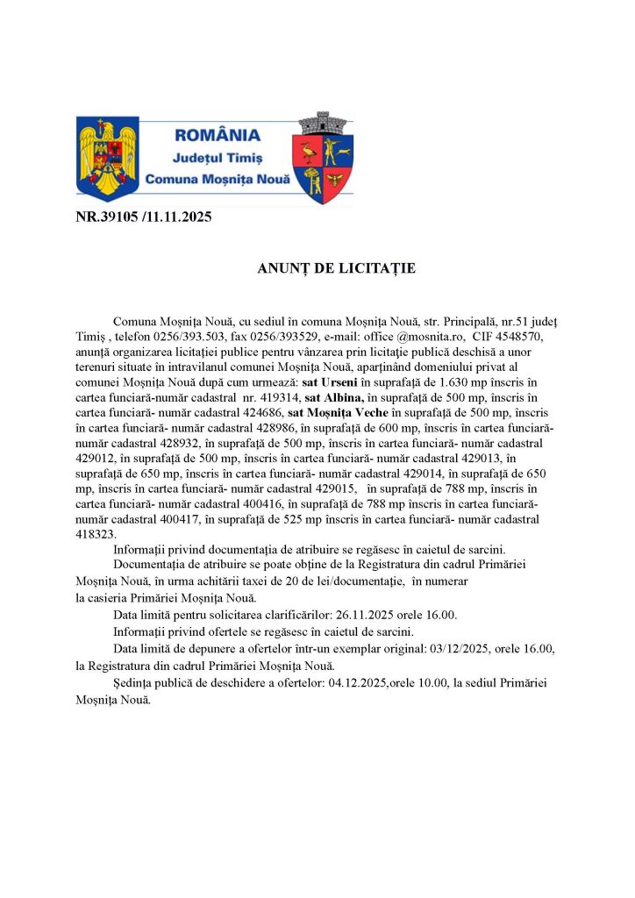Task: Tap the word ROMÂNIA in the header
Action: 218,135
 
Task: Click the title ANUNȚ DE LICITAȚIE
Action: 336,268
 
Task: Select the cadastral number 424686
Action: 258,413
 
